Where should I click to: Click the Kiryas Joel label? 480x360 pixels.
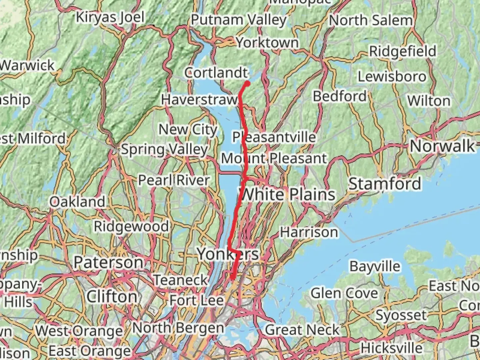tap(110, 17)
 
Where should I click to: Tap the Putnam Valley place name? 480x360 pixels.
tap(239, 20)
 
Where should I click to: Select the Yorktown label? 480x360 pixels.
tap(267, 43)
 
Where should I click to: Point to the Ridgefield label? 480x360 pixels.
tap(403, 51)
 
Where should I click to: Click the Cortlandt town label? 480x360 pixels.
tap(216, 73)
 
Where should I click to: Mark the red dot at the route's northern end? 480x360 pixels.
tap(248, 83)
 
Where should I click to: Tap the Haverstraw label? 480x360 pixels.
tap(199, 99)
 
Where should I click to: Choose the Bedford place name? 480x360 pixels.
tap(340, 96)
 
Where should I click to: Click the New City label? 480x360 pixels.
tap(188, 129)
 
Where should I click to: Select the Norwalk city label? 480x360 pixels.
tap(442, 146)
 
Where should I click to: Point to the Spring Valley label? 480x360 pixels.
tap(165, 149)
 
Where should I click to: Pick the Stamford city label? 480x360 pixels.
tap(385, 184)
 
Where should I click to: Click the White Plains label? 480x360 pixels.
tap(287, 194)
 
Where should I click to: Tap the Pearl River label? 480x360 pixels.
tap(174, 180)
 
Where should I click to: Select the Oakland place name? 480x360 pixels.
tap(77, 202)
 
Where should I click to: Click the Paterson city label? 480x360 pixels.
tap(108, 262)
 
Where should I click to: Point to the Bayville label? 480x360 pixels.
tap(375, 266)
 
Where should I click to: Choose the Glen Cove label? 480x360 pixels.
tap(344, 293)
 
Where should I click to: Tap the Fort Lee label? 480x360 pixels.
tap(196, 300)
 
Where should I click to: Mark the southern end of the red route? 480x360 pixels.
tap(232, 277)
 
